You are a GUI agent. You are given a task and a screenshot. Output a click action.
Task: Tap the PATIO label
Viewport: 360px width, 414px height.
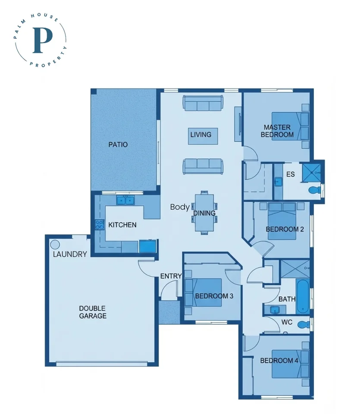(118, 144)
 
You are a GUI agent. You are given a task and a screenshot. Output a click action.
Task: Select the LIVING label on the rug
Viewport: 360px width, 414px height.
(201, 135)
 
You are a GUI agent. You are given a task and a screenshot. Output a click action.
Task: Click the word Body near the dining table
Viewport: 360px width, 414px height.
(179, 207)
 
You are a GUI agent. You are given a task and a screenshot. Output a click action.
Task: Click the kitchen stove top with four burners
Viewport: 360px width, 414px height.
(100, 224)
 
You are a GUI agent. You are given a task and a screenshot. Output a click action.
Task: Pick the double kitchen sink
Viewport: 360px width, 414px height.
(126, 200)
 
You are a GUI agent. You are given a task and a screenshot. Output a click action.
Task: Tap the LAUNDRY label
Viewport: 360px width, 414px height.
(70, 254)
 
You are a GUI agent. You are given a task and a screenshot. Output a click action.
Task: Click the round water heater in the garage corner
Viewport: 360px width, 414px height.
(55, 245)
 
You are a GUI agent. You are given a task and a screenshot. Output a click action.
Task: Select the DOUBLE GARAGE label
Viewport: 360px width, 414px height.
(92, 312)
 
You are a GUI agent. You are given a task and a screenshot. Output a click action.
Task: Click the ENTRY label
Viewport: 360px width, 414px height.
(171, 276)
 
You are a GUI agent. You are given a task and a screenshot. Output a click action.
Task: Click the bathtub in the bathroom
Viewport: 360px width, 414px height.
(303, 296)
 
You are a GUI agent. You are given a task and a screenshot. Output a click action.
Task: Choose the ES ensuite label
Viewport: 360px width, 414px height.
(290, 174)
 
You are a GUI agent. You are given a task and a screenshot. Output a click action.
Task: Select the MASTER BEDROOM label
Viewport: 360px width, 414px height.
(277, 131)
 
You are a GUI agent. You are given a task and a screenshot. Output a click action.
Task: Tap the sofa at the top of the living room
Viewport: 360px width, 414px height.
(203, 103)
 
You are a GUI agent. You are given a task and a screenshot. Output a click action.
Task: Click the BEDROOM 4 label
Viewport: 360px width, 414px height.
(279, 361)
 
